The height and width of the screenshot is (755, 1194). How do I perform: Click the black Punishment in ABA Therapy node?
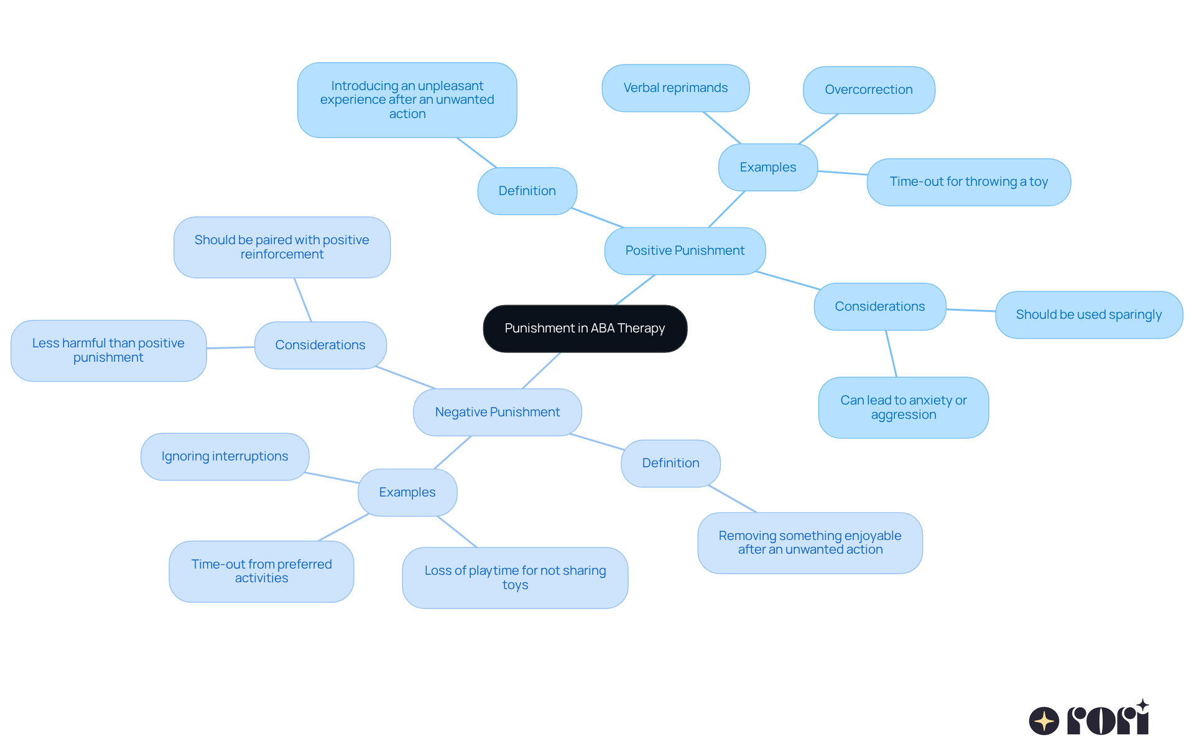click(585, 328)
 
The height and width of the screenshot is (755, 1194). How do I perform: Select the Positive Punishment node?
click(685, 250)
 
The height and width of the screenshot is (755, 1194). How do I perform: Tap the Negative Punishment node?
click(497, 412)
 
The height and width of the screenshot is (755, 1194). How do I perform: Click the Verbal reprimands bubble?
click(675, 88)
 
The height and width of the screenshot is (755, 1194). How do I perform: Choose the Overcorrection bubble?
click(868, 90)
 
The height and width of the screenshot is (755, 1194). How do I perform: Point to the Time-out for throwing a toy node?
click(968, 182)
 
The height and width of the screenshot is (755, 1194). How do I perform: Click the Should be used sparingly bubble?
click(1088, 315)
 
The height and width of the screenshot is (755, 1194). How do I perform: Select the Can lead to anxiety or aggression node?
click(903, 408)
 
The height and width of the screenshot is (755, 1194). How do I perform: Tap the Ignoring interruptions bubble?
click(224, 457)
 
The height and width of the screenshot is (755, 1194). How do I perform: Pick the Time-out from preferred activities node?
click(261, 571)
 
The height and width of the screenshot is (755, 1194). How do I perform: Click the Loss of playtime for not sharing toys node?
click(515, 577)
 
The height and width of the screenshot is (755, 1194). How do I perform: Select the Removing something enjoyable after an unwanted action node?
click(810, 542)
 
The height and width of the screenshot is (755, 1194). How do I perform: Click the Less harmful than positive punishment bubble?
click(108, 350)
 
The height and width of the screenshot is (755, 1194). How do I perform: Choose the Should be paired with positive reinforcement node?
click(282, 247)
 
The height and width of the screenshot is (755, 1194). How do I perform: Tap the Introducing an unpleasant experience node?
click(407, 100)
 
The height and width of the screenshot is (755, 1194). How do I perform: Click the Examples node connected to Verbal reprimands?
click(767, 168)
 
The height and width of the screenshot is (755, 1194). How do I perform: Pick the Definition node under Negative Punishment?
click(670, 464)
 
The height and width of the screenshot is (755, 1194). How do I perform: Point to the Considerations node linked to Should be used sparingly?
click(879, 307)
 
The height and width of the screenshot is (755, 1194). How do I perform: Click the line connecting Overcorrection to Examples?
click(818, 129)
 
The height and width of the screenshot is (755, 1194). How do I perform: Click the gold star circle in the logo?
click(1044, 721)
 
